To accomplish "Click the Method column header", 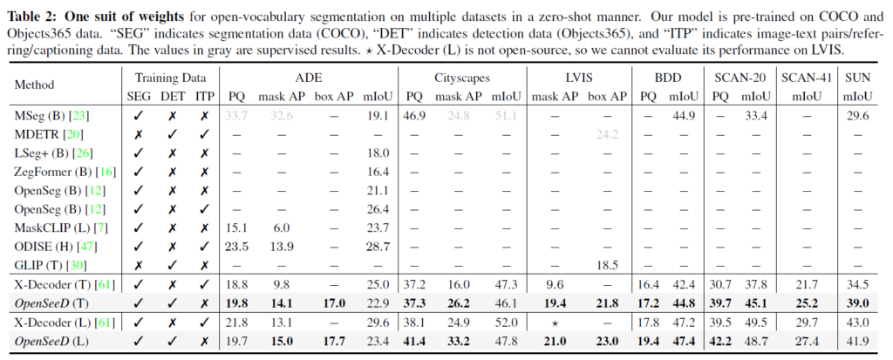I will click(34, 85).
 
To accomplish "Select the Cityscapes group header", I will click(450, 78).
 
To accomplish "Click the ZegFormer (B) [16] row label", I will click(59, 171).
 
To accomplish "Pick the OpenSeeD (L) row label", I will click(53, 339).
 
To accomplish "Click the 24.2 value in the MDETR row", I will click(605, 133).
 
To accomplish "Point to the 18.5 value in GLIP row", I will click(605, 264).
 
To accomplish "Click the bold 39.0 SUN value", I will click(858, 302).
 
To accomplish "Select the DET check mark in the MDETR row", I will click(172, 133).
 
